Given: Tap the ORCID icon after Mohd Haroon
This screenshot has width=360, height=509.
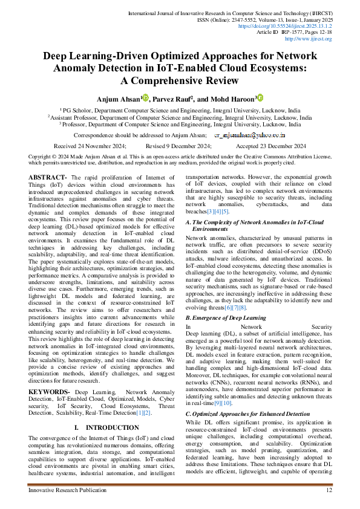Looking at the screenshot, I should point(260,97).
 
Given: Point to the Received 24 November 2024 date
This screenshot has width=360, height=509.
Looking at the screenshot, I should point(90,146).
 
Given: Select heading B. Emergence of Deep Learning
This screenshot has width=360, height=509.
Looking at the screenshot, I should point(226,317).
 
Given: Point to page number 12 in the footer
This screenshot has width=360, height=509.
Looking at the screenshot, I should point(329,490).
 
